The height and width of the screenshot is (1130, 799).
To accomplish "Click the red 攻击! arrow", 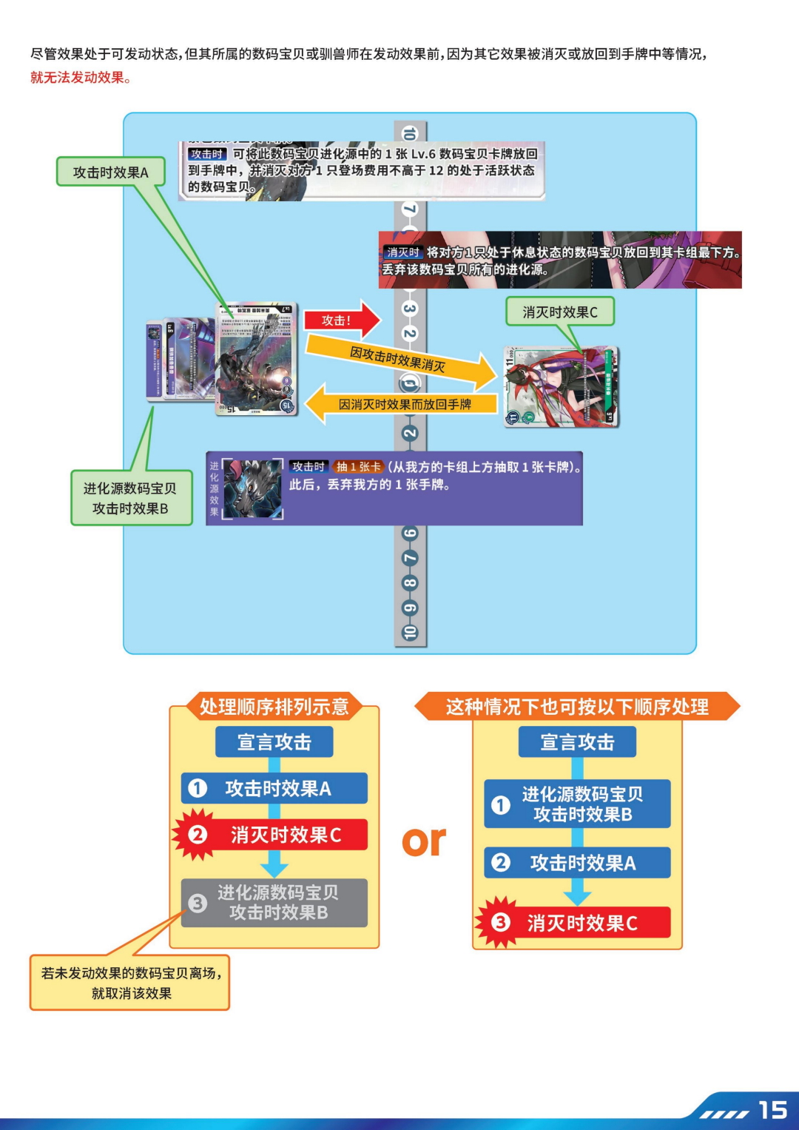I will click(340, 320).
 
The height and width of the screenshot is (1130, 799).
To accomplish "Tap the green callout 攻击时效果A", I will click(110, 172).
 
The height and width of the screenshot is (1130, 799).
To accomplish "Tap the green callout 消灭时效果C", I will click(560, 312).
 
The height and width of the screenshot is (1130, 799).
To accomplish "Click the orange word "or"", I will click(424, 841).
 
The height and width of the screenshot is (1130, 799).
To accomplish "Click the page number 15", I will click(772, 1110).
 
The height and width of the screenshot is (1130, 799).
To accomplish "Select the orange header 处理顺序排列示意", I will click(274, 707).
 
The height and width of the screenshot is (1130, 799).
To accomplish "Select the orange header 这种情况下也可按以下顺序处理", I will click(577, 707).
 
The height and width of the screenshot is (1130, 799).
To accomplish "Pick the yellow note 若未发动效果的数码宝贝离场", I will click(130, 983).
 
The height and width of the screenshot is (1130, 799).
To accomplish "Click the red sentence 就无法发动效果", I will click(81, 78).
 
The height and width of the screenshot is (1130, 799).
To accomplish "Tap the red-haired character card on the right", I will click(561, 387).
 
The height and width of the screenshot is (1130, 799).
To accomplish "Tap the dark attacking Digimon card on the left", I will click(256, 358).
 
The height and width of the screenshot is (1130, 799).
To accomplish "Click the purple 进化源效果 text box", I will click(394, 488).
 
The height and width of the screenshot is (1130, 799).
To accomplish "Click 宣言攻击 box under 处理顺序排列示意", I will click(274, 742).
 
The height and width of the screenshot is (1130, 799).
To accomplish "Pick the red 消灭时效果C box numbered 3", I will click(577, 923).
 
